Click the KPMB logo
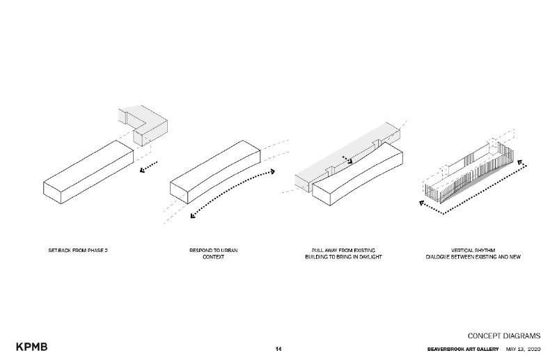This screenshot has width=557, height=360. pos(32,347)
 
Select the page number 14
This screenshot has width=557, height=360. pos(278,348)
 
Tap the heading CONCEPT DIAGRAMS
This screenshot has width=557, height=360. pos(503,336)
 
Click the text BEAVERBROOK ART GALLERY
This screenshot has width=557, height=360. pos(463,348)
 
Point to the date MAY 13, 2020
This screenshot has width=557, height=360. pos(523,348)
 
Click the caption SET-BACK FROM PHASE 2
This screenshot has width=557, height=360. pos(78,249)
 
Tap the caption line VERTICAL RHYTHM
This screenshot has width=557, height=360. pos(473,249)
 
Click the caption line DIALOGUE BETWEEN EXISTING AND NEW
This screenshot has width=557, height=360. pos(473,257)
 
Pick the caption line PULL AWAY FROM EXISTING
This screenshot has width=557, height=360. pos(343,249)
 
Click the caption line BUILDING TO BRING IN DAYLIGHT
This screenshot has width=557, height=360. pos(343,257)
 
